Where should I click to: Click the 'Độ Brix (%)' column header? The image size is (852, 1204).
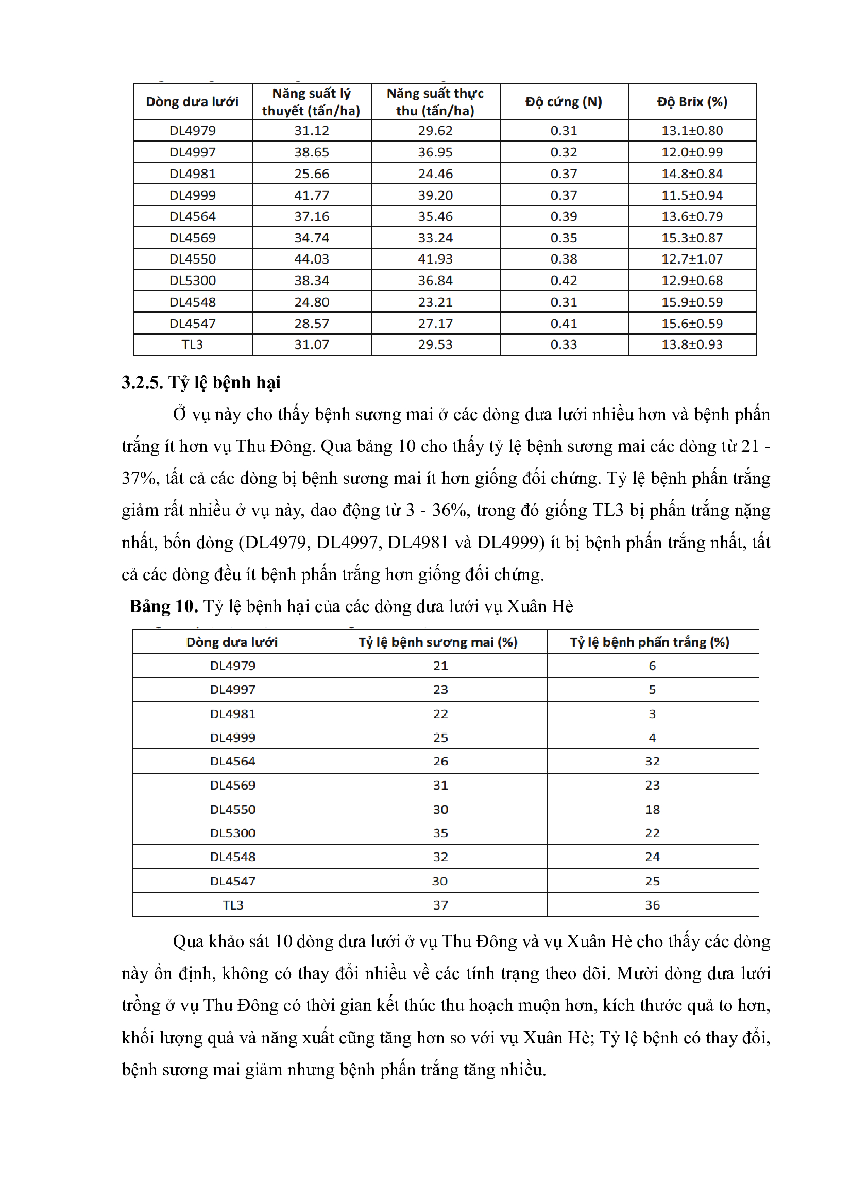(691, 102)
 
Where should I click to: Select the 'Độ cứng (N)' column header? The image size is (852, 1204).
(564, 102)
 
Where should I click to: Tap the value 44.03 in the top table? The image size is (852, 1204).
(311, 259)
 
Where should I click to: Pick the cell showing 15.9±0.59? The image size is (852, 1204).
(691, 302)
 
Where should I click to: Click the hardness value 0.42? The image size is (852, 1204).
(564, 281)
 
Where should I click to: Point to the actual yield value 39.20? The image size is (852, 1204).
(435, 195)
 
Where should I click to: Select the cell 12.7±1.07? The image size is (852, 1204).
(691, 259)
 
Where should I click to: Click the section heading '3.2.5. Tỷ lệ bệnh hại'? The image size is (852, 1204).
(201, 382)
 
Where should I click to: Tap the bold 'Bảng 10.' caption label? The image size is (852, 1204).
(164, 606)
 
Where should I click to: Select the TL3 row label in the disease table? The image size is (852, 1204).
(233, 904)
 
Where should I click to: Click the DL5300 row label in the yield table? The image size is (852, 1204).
(193, 281)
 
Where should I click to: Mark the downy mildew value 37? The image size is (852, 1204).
(440, 904)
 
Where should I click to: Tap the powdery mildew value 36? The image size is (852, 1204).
(652, 904)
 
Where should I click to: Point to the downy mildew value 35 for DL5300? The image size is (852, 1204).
(440, 833)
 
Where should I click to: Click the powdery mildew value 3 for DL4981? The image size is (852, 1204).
(652, 713)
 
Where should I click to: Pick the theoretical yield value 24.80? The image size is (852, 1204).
(311, 302)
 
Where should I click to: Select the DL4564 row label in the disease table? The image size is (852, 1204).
(233, 761)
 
